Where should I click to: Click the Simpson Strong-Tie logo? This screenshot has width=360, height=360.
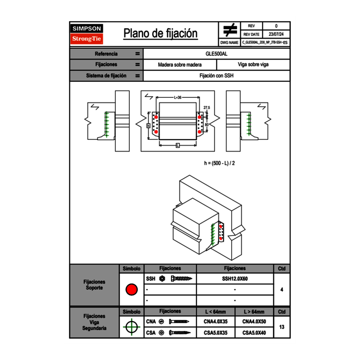(87, 34)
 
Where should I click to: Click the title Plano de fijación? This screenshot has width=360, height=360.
(160, 33)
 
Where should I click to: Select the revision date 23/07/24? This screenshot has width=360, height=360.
(276, 34)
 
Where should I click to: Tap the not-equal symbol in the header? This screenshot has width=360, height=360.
(229, 30)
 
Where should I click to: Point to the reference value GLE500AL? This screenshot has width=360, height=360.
(216, 54)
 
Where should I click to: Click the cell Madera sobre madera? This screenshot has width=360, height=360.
(180, 65)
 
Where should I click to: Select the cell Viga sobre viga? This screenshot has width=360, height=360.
(253, 65)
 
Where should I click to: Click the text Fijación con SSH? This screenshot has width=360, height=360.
(216, 76)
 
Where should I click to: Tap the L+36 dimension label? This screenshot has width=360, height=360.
(178, 97)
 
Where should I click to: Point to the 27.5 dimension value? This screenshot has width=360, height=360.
(207, 108)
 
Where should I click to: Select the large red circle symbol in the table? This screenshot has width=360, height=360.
(131, 290)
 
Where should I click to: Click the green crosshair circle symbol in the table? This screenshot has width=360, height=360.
(131, 327)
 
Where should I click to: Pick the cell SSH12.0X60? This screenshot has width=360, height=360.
(235, 279)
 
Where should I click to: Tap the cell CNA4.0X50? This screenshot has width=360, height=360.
(254, 322)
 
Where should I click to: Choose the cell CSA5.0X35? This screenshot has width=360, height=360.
(215, 333)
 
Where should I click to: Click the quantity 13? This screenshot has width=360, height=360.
(281, 327)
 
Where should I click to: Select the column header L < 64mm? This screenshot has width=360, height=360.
(215, 312)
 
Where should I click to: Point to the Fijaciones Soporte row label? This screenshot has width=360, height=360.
(94, 285)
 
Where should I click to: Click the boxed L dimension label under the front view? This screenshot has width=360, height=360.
(178, 146)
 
